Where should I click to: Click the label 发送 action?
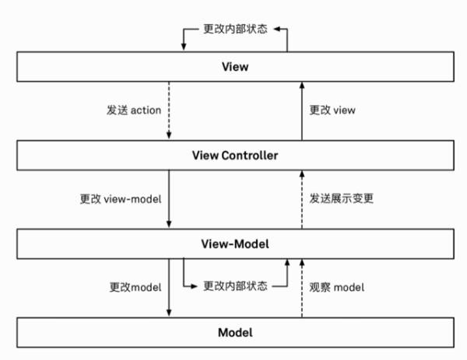[133, 110]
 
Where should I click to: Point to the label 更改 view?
[332, 110]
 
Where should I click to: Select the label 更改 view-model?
[120, 199]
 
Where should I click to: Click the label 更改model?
[135, 287]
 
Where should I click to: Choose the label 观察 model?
[336, 287]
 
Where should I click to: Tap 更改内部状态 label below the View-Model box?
[236, 286]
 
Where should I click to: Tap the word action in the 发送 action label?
[146, 110]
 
